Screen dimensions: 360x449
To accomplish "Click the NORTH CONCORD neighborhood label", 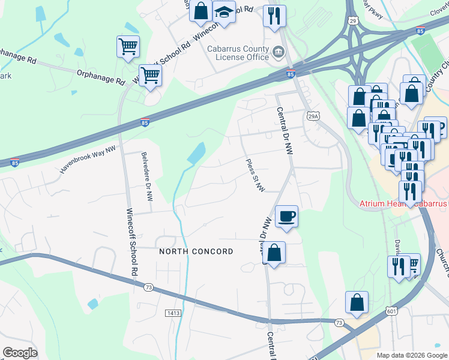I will pyautogui.click(x=196, y=251).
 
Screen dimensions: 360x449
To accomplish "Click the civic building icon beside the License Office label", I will pyautogui.click(x=278, y=52).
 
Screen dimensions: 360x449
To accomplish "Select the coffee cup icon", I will pyautogui.click(x=286, y=215).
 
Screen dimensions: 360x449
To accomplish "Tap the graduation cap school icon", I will pyautogui.click(x=224, y=11).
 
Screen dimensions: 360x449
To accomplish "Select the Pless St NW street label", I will pyautogui.click(x=256, y=175).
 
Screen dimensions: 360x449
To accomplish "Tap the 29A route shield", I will pyautogui.click(x=312, y=116).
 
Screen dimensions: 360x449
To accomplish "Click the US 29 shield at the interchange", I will pyautogui.click(x=352, y=20).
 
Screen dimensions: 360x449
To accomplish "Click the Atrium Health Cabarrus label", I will pyautogui.click(x=403, y=204).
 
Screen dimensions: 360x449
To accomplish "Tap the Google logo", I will pyautogui.click(x=20, y=352).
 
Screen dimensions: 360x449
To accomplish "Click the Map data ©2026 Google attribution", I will pyautogui.click(x=411, y=355).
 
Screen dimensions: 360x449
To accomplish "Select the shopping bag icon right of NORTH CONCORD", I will pyautogui.click(x=274, y=253).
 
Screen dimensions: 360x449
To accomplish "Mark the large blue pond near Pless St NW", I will pyautogui.click(x=196, y=154).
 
